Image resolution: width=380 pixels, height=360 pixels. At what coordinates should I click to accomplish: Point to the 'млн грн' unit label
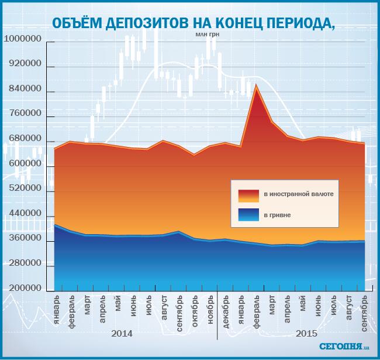point(207,34)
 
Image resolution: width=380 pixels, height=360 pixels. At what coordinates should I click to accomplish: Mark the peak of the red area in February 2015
point(256,85)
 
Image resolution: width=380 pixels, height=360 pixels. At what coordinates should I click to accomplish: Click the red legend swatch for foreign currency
point(248,194)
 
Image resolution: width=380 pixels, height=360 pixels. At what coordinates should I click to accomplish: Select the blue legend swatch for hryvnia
point(248,215)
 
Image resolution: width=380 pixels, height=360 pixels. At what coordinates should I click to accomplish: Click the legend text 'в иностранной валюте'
point(299,194)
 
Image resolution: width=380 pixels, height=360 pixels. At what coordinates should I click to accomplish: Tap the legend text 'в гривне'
point(277,215)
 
